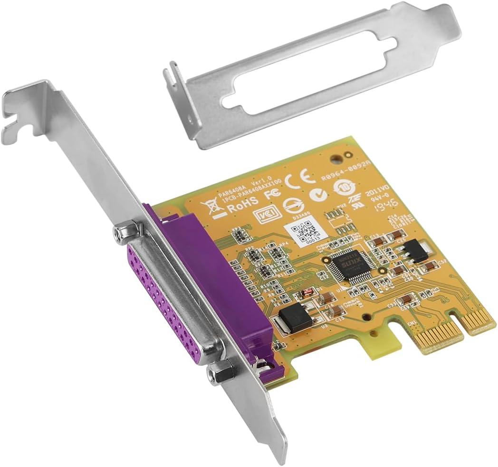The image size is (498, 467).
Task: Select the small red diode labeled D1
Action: point(309,291)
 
